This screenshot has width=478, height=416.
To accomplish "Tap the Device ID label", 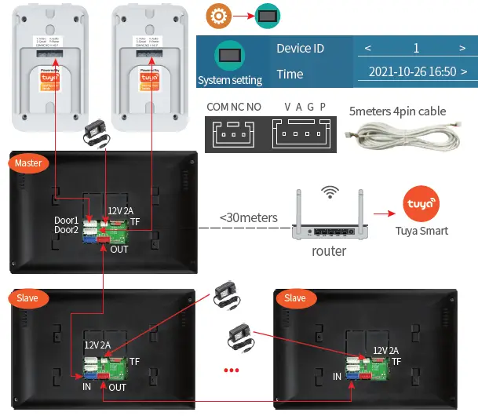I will [x=300, y=49].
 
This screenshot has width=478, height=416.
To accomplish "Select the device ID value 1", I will [x=416, y=49].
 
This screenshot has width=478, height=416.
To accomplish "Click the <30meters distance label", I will [x=248, y=217].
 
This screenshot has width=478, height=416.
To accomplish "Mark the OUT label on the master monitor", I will [x=119, y=249].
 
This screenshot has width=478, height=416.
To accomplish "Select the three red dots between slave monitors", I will [x=232, y=369].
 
